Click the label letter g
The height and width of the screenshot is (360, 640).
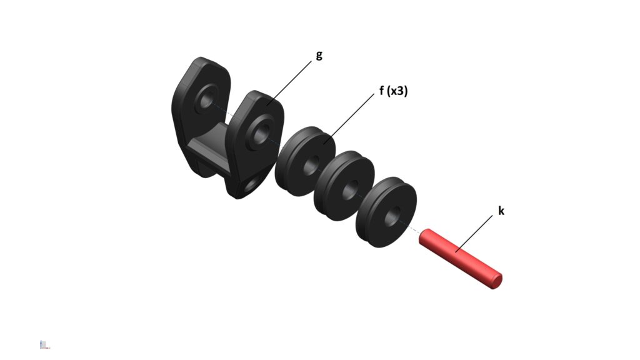[x=319, y=56]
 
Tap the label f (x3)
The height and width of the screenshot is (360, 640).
[x=394, y=91]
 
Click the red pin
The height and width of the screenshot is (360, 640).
[x=461, y=259]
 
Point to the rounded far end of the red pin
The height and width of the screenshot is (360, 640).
[x=496, y=281]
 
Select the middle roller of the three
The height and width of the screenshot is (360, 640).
[x=344, y=186]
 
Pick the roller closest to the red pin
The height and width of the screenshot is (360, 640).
[x=386, y=212]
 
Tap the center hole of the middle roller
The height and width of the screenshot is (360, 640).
[x=350, y=189]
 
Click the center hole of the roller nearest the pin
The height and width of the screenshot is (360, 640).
[x=392, y=216]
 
